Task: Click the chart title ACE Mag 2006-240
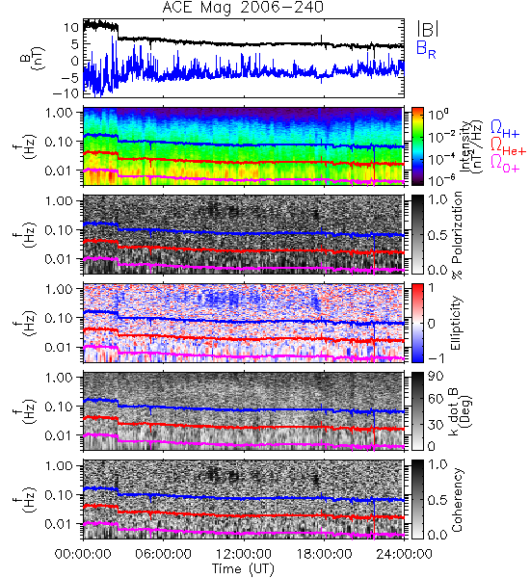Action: coord(243,7)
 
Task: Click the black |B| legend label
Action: coord(428,29)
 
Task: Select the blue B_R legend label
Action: coord(426,49)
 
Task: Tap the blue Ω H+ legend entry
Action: coord(505,129)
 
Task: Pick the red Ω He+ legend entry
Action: coord(508,146)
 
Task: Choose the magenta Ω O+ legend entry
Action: coord(505,164)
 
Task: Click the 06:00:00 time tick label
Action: coord(163,554)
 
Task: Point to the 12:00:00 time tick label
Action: coord(244,554)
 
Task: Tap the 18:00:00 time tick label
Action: coord(324,554)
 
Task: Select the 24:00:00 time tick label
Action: coord(404,554)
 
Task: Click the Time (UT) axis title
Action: coord(244,569)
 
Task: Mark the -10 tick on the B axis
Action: coord(66,93)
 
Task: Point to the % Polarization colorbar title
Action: coord(458,235)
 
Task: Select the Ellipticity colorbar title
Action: coord(457,323)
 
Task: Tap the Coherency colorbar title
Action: coord(457,500)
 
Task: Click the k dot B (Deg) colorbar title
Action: coord(460,411)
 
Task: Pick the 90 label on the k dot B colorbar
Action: coord(436,376)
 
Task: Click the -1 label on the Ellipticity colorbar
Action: coord(436,358)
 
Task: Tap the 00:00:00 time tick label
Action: coord(83,554)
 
